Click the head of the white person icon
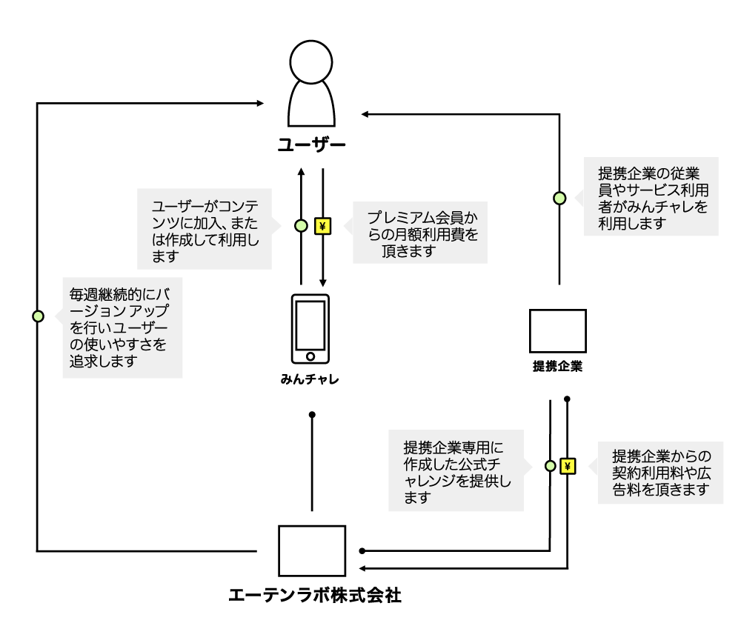311,62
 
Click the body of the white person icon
311,105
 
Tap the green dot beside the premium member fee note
301,226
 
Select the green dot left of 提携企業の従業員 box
559,198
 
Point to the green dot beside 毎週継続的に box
38,316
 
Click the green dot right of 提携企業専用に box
551,466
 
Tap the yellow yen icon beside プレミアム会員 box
322,226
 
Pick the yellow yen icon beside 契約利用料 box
568,466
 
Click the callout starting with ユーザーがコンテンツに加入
205,229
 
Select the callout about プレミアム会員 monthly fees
420,233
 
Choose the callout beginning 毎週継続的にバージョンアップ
122,327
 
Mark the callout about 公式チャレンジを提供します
456,470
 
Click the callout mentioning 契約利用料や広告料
661,473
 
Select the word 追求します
103,362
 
